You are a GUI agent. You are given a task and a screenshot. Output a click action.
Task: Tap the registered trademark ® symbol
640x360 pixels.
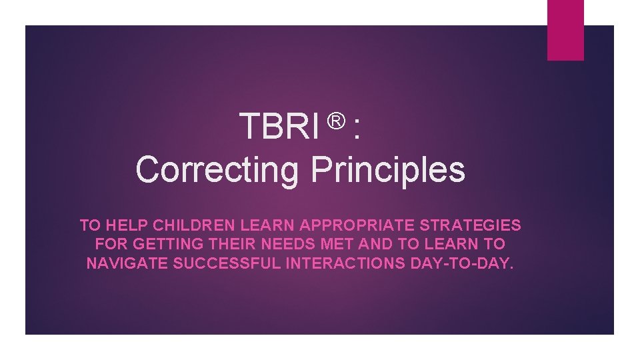pyautogui.click(x=336, y=120)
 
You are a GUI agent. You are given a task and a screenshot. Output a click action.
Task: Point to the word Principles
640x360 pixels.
pyautogui.click(x=387, y=169)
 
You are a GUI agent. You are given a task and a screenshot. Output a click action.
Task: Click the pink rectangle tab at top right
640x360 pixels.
pyautogui.click(x=565, y=29)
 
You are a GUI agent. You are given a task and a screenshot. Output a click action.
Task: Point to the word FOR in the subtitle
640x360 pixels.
pyautogui.click(x=110, y=244)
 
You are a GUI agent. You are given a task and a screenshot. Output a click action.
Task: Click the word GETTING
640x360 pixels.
pyautogui.click(x=159, y=244)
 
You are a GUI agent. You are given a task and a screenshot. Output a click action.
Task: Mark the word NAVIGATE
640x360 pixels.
pyautogui.click(x=127, y=263)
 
